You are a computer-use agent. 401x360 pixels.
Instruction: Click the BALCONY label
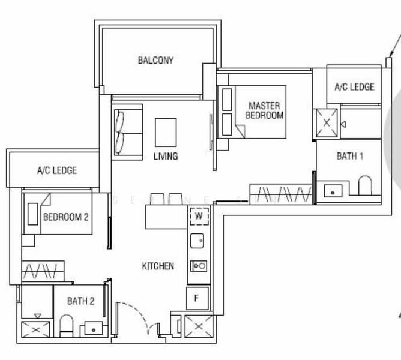click(x=155, y=60)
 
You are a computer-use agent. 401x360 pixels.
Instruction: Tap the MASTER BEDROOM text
click(x=265, y=111)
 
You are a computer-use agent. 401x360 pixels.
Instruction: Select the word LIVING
click(x=166, y=157)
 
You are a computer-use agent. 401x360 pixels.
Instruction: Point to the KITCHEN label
click(x=158, y=266)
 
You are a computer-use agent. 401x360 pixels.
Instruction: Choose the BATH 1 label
click(x=350, y=157)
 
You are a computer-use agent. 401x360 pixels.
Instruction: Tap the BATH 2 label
click(x=81, y=301)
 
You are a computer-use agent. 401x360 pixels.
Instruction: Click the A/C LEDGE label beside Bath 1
click(x=354, y=86)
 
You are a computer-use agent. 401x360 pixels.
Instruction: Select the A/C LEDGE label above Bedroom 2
click(x=57, y=170)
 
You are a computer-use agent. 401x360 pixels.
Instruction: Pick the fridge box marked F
click(x=198, y=297)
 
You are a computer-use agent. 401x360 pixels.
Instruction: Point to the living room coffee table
click(x=166, y=131)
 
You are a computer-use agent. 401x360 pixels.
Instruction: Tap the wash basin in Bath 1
click(x=332, y=191)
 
